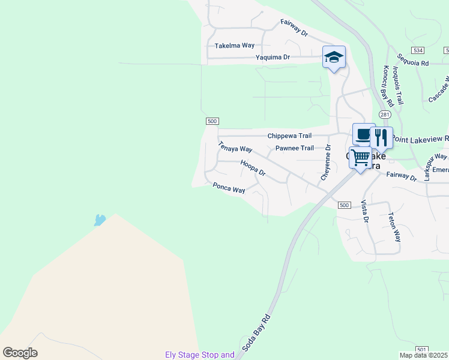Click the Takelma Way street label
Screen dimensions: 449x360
coord(235,46)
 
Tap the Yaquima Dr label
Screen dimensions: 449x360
coord(273,58)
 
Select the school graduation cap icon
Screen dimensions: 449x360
coord(334,57)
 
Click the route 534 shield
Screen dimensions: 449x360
coord(418,50)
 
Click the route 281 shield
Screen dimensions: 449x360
coord(384,114)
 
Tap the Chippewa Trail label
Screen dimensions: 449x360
coord(291,136)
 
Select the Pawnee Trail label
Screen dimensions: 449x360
coord(294,148)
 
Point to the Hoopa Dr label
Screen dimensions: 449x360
coord(253,167)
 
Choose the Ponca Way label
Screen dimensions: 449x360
coord(229,188)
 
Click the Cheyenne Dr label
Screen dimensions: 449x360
coord(325,161)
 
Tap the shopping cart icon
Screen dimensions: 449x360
coord(360,158)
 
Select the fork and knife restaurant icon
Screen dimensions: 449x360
coord(381,137)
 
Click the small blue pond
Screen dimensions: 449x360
coord(99,220)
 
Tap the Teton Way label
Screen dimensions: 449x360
coord(394,226)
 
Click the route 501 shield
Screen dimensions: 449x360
coord(421,349)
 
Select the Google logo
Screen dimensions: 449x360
coord(20,353)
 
